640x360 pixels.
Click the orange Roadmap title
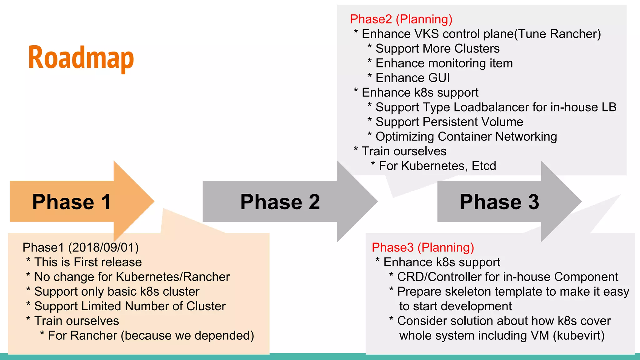(x=81, y=58)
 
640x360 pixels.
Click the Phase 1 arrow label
(x=72, y=202)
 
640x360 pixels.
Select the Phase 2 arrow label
(x=280, y=202)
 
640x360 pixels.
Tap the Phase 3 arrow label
(x=499, y=202)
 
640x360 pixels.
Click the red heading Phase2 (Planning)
(x=401, y=19)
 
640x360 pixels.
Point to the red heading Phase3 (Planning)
(x=423, y=247)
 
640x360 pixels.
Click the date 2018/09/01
(x=103, y=247)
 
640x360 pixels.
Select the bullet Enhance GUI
(x=412, y=78)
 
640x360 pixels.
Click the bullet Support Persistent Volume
(x=449, y=122)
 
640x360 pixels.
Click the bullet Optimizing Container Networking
(x=466, y=137)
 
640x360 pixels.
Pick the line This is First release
(x=88, y=262)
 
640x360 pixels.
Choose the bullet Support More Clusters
(x=437, y=49)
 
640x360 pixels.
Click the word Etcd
(x=484, y=166)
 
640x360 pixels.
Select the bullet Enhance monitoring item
(x=444, y=63)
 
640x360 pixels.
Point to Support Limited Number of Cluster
(x=130, y=306)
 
